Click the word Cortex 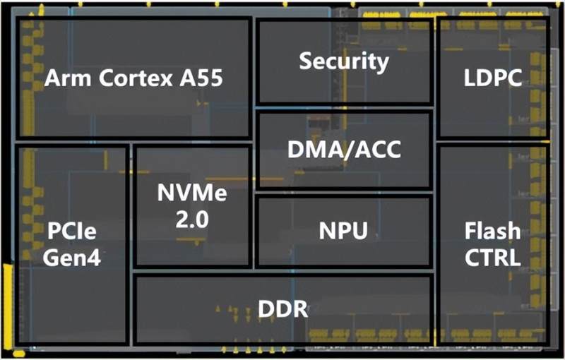[129, 78]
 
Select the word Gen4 [71, 257]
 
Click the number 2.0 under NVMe [192, 220]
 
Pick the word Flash [493, 231]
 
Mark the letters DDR [282, 308]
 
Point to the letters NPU [344, 230]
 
